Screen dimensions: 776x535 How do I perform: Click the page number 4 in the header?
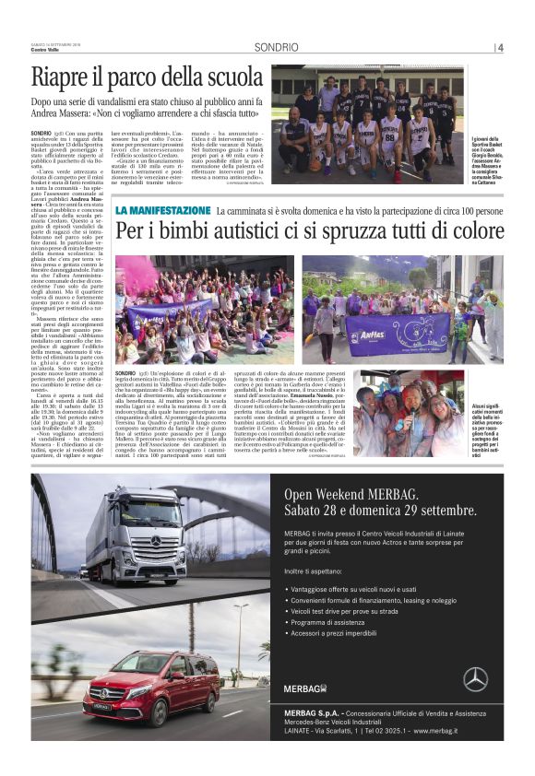point(500,47)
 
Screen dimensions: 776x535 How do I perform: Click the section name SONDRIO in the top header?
point(277,47)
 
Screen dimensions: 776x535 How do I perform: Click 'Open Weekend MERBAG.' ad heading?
point(358,492)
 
